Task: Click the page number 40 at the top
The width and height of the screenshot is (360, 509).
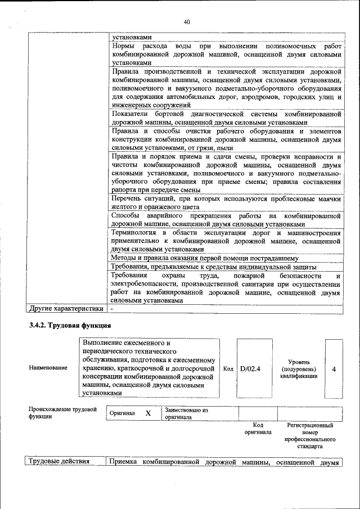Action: (187, 22)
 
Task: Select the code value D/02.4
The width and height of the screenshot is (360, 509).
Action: (250, 369)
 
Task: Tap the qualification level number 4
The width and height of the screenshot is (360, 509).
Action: (334, 369)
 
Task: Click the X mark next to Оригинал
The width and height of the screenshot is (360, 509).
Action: (148, 413)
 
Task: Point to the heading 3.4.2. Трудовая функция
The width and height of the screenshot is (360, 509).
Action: (70, 326)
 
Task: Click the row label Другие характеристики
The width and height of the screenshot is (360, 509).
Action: (66, 308)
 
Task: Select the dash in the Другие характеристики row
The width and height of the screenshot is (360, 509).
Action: (113, 309)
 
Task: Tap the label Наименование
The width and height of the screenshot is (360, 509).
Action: (48, 368)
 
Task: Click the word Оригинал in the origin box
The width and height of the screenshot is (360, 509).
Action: (122, 413)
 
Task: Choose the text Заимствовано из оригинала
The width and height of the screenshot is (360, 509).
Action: (186, 414)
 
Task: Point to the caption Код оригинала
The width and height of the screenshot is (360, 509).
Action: (258, 429)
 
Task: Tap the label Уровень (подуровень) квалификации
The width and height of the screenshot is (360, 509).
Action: (298, 369)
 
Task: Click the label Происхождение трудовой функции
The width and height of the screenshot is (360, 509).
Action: (62, 413)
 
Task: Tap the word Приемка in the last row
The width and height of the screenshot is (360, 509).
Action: (124, 462)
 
